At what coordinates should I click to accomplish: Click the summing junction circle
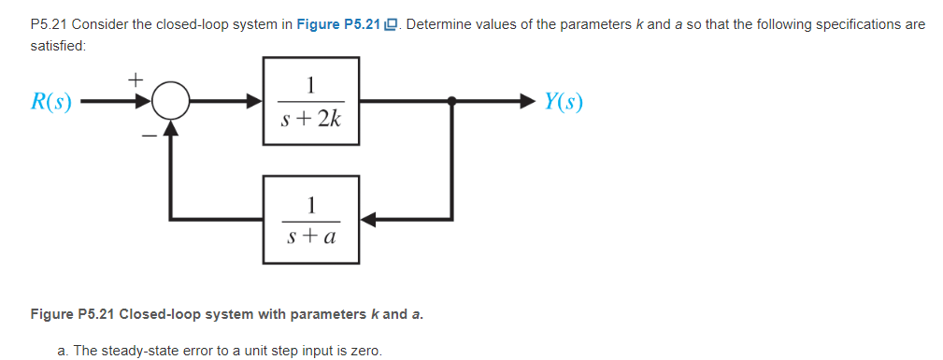(170, 100)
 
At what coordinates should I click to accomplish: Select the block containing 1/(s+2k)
(312, 100)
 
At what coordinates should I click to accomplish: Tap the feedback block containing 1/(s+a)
(312, 220)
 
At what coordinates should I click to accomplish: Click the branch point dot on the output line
(452, 100)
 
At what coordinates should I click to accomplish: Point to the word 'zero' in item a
(364, 351)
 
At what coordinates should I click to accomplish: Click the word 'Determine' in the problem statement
(437, 24)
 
